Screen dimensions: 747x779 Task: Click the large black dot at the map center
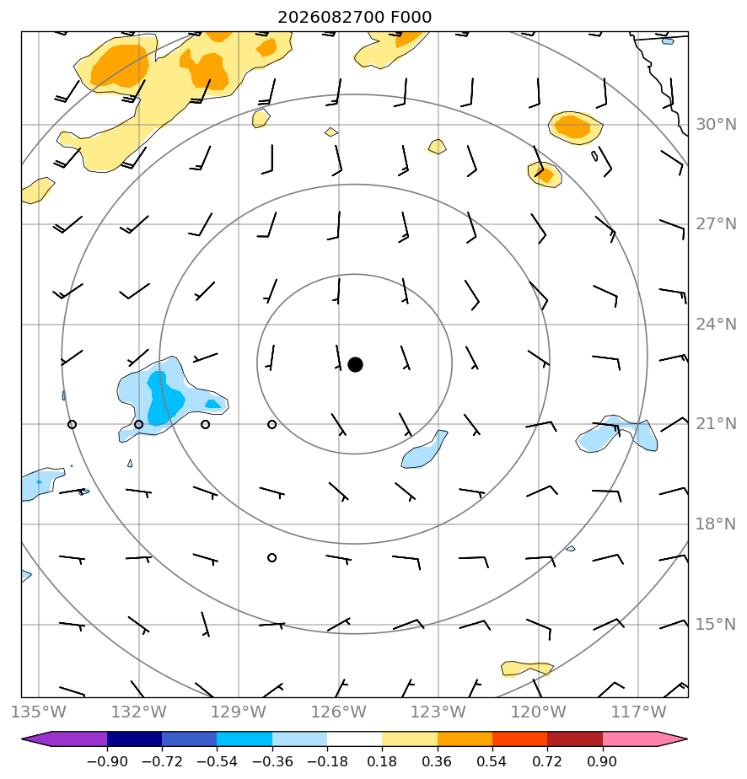355,365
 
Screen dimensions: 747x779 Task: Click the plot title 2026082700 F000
355,18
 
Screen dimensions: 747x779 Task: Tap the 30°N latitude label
716,124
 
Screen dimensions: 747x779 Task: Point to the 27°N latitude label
716,224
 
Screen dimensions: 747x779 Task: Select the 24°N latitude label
716,324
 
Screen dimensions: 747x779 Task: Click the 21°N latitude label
716,424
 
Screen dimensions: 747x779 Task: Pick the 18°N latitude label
716,524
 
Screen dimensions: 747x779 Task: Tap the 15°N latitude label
716,624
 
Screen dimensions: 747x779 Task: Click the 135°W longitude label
38,712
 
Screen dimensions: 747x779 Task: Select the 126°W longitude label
339,712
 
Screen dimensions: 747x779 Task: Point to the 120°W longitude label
539,712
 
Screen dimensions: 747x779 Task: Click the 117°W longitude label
638,712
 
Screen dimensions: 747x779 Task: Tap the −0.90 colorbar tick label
107,761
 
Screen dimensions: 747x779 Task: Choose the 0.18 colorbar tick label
382,761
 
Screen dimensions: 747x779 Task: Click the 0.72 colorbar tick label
547,761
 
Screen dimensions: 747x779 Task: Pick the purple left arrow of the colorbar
65,739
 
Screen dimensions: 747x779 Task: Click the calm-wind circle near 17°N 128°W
271,557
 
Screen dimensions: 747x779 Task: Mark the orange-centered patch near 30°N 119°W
575,127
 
